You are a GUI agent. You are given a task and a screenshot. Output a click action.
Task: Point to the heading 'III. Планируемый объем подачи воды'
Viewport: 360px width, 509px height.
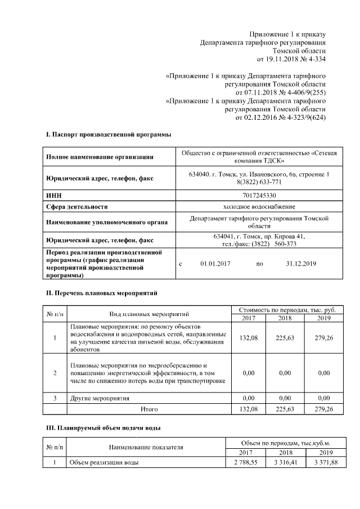[x=103, y=429]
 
